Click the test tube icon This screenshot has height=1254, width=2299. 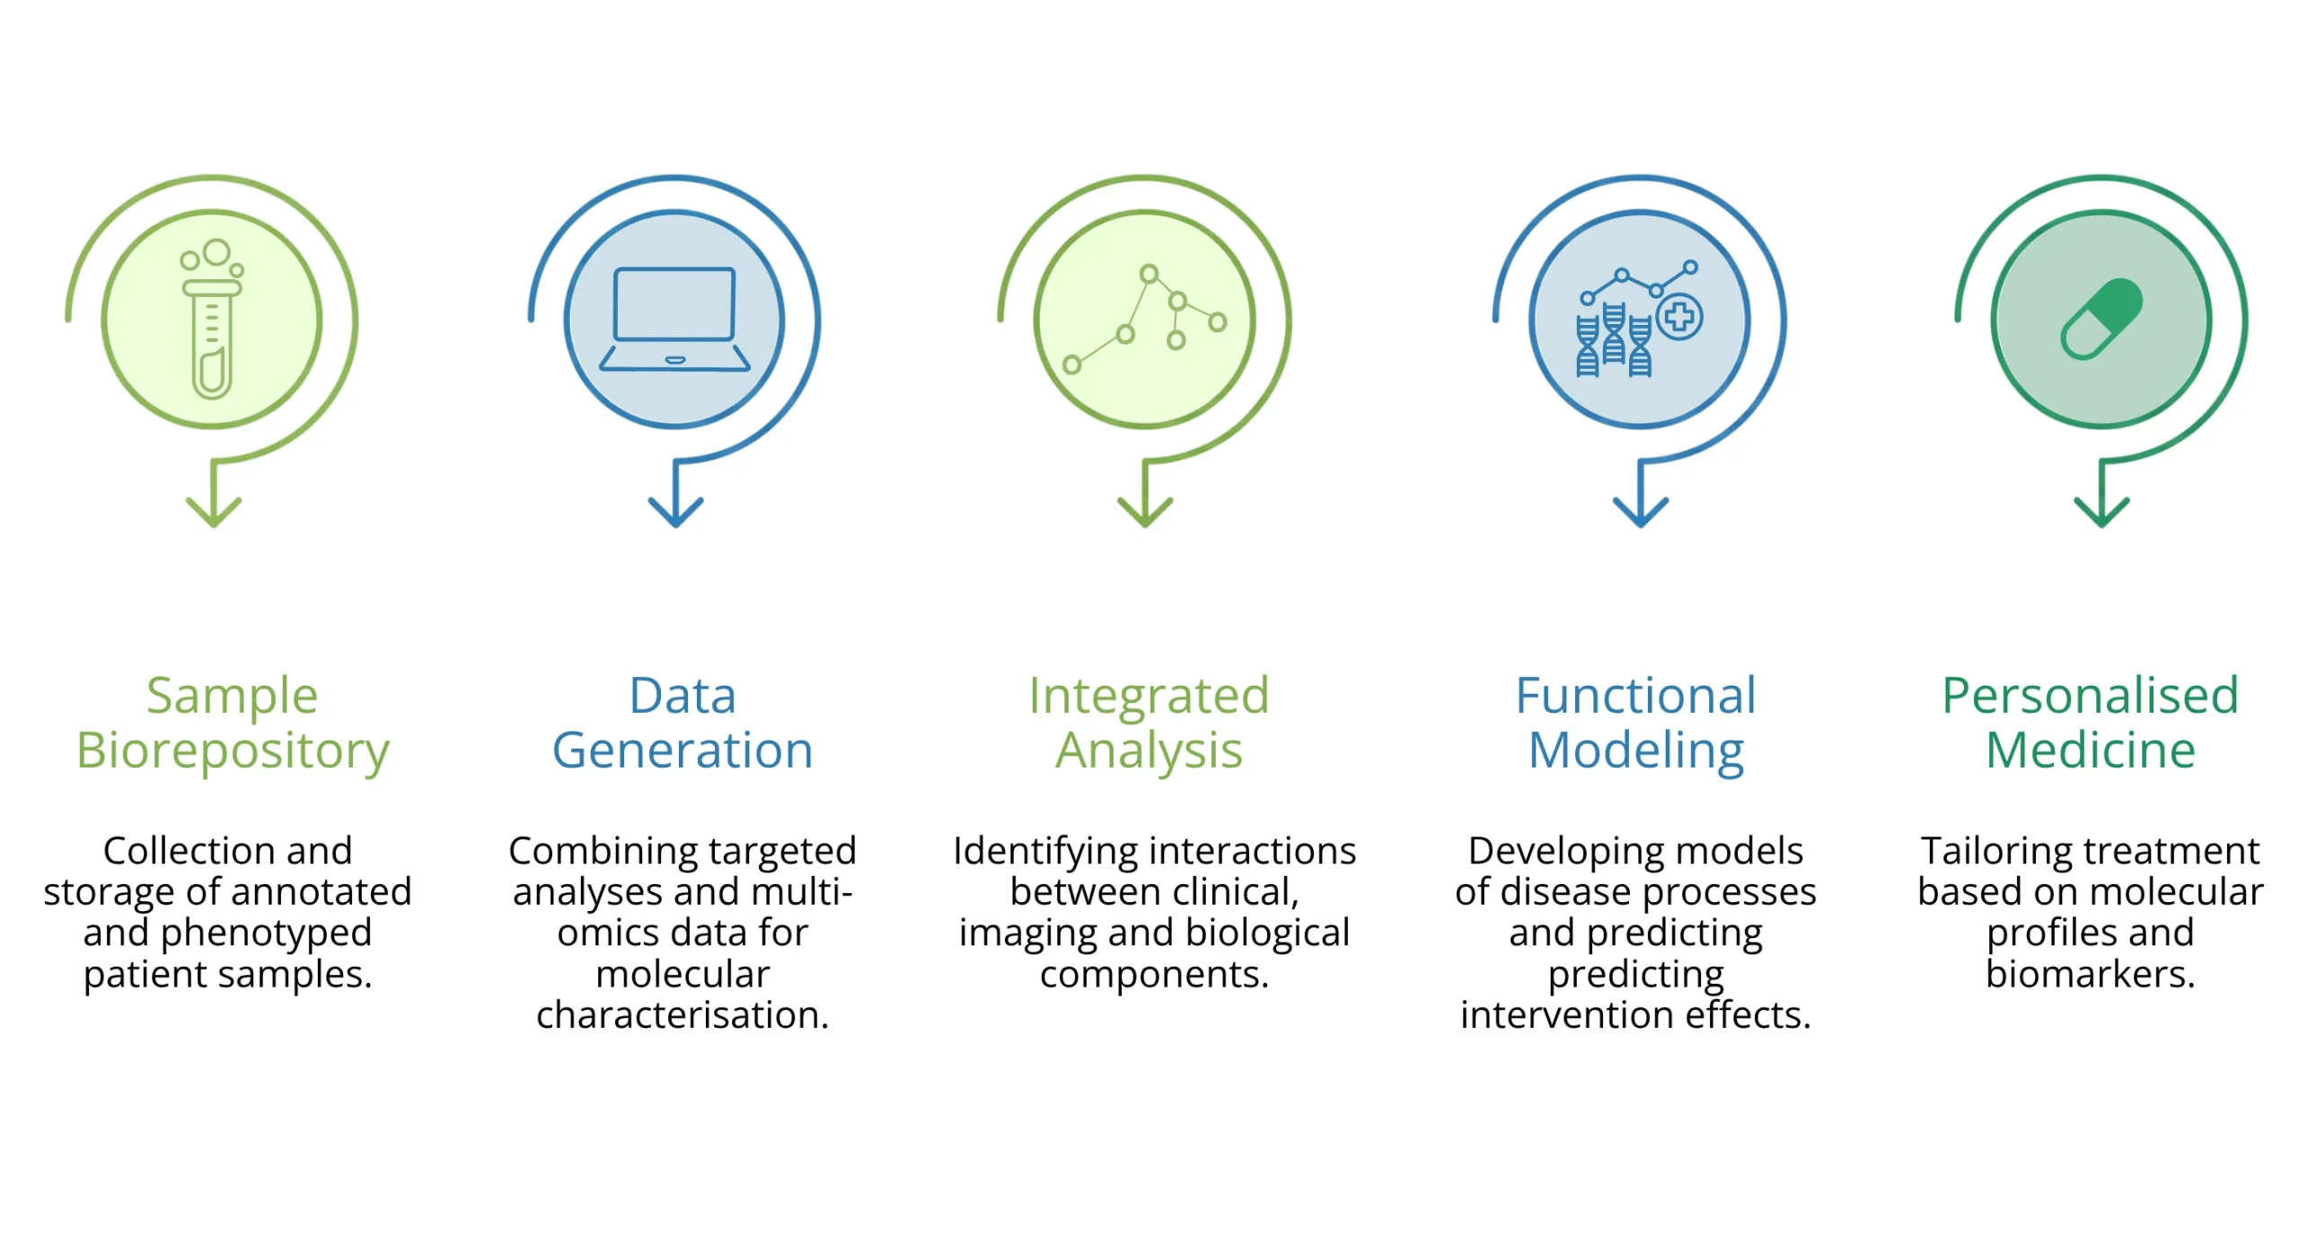pos(212,323)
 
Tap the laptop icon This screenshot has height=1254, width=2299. pos(674,319)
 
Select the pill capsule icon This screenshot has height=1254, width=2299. pos(2101,319)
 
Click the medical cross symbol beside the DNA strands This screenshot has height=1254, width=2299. pos(1678,316)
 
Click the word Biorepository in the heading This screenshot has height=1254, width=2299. pos(233,750)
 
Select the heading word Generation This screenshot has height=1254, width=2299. pos(683,750)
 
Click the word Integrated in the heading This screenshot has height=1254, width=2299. pos(1149,696)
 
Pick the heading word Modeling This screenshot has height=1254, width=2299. pos(1636,750)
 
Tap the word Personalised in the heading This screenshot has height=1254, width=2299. pos(2090,696)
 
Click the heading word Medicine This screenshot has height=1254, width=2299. pos(2090,750)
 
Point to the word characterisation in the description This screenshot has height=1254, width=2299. pos(683,1015)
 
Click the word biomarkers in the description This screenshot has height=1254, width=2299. pos(2090,974)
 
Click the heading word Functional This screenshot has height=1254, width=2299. pos(1635,696)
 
